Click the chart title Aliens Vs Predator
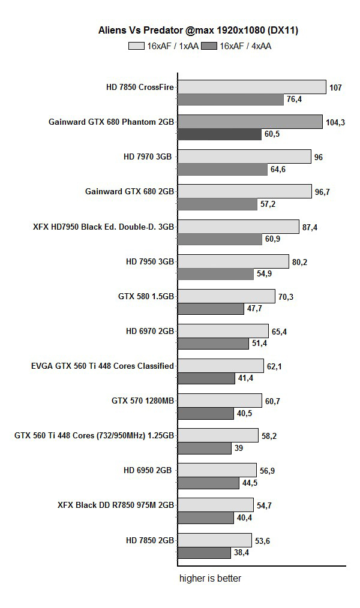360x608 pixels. pyautogui.click(x=198, y=30)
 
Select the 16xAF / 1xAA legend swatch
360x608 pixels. pyautogui.click(x=136, y=46)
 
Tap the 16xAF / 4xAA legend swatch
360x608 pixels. pyautogui.click(x=210, y=46)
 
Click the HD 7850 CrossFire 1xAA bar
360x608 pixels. pyautogui.click(x=252, y=88)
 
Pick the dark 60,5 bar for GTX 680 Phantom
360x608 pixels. pyautogui.click(x=220, y=134)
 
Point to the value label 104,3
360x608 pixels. pyautogui.click(x=336, y=122)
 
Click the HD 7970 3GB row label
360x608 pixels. pyautogui.click(x=148, y=157)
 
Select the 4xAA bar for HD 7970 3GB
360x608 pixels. pyautogui.click(x=223, y=170)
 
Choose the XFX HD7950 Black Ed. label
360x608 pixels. pyautogui.click(x=103, y=227)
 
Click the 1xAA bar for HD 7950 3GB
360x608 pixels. pyautogui.click(x=233, y=261)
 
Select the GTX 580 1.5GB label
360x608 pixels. pyautogui.click(x=146, y=296)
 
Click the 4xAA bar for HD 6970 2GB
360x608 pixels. pyautogui.click(x=213, y=344)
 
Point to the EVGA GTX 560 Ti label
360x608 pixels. pyautogui.click(x=102, y=366)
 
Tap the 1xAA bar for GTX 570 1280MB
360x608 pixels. pyautogui.click(x=220, y=401)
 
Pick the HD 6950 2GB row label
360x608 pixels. pyautogui.click(x=148, y=470)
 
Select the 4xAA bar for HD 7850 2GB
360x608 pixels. pyautogui.click(x=204, y=552)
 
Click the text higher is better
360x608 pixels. pyautogui.click(x=210, y=579)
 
